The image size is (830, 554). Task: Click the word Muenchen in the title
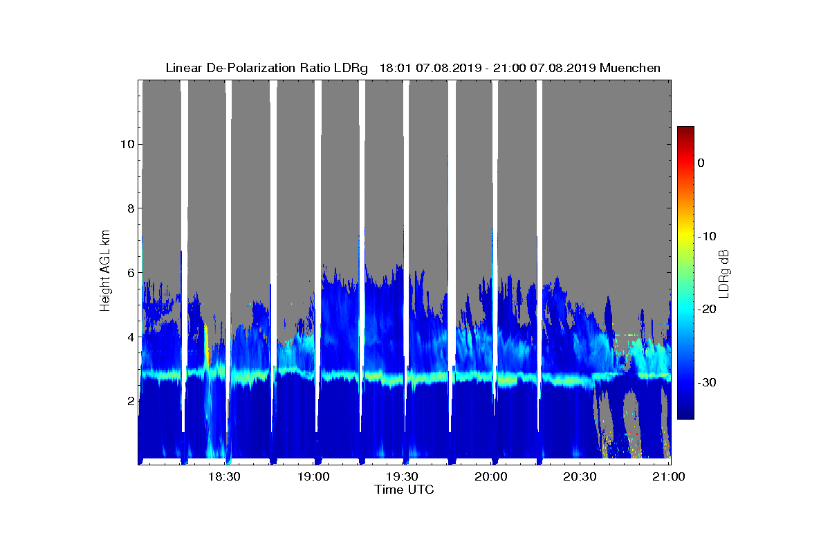pos(630,68)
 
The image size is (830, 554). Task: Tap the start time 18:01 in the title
pos(395,68)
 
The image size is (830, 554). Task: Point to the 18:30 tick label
pos(224,476)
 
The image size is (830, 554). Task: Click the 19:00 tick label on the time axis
pos(313,476)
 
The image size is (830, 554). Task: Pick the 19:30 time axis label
pos(403,476)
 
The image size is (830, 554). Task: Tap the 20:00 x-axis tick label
pos(491,476)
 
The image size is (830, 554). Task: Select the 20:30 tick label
pos(580,476)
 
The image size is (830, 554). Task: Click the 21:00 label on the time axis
pos(669,476)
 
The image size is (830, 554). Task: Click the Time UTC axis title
pos(404,490)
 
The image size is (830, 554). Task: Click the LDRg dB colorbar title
pos(724,273)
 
